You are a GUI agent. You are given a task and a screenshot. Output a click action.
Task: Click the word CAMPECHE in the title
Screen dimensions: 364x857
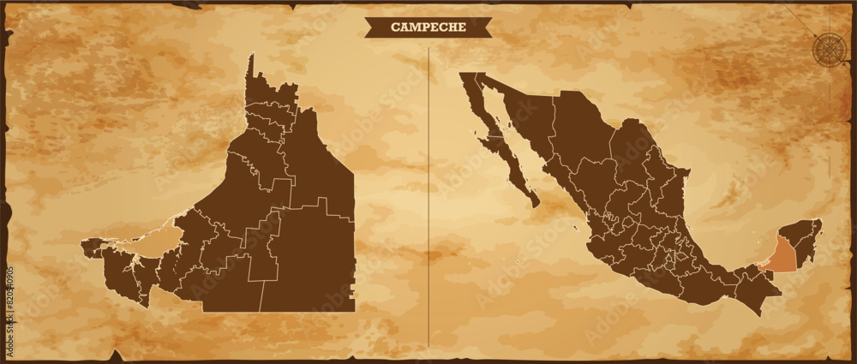pos(428,27)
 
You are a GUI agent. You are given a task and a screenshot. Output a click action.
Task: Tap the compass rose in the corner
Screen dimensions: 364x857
pos(828,47)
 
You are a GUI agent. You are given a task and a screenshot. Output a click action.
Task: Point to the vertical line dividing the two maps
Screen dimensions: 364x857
pos(428,197)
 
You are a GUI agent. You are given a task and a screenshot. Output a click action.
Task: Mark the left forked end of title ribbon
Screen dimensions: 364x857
pos(370,27)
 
